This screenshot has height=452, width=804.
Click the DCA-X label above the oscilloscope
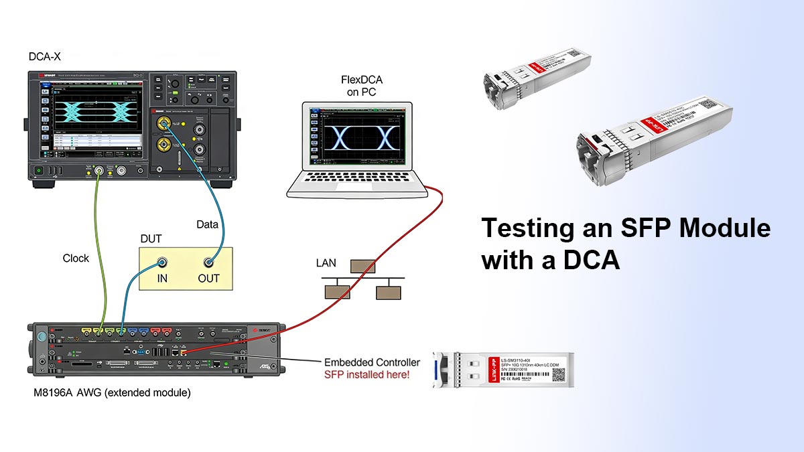click(45, 57)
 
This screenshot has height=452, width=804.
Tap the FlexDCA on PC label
click(362, 87)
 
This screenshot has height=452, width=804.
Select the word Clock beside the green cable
click(76, 258)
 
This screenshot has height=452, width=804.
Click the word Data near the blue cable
click(207, 224)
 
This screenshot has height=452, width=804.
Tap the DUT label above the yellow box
click(150, 238)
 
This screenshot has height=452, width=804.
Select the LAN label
click(326, 263)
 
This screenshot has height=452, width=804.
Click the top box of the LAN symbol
click(363, 267)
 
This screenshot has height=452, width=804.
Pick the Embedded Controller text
click(371, 362)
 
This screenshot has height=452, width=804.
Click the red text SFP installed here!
click(366, 374)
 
